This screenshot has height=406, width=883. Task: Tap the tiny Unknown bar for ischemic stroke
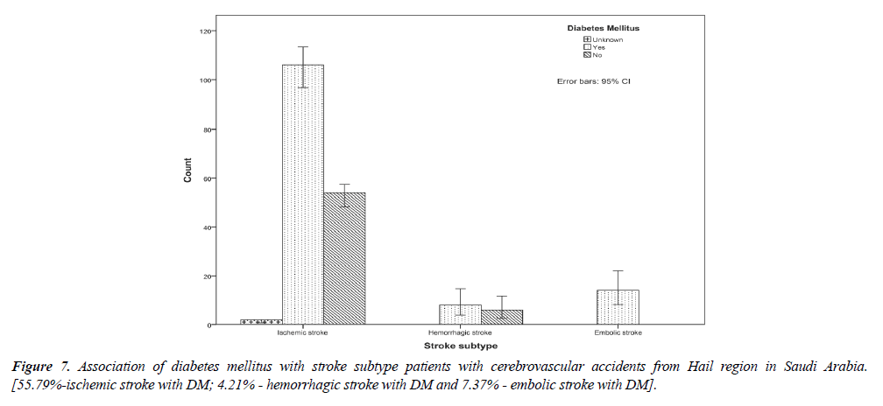[261, 322]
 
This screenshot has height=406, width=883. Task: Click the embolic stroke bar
[618, 307]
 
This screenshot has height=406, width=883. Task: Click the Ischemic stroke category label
[302, 333]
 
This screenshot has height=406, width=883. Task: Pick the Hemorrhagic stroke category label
[460, 333]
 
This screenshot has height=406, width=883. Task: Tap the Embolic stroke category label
[618, 333]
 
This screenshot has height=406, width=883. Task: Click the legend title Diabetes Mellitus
[603, 29]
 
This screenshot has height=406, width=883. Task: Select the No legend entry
[597, 55]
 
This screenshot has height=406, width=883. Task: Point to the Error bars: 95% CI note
[594, 81]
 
